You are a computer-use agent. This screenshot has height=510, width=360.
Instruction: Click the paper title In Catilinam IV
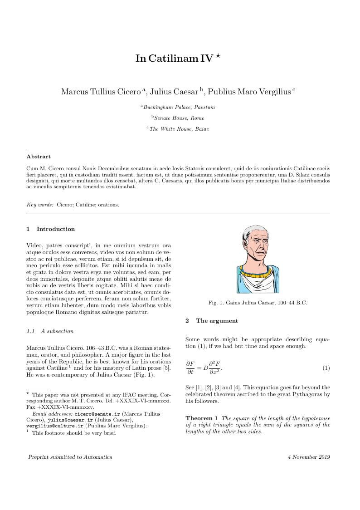(174, 59)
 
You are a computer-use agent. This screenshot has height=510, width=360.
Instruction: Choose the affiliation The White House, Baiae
(179, 129)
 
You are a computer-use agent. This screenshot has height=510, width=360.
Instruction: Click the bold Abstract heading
(39, 157)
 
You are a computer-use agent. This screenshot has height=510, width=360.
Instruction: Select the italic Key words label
(40, 205)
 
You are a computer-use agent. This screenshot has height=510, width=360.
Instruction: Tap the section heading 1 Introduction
(51, 229)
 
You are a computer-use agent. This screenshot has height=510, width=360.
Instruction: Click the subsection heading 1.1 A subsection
(50, 331)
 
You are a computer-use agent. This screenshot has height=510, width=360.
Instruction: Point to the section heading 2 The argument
(212, 321)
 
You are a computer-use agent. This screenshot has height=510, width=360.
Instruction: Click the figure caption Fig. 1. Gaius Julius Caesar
(258, 303)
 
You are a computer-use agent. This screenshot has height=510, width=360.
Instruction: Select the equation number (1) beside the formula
(326, 368)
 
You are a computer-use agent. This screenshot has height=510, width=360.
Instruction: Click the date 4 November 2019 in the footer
(309, 457)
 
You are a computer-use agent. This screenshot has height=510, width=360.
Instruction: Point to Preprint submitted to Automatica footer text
(70, 457)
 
